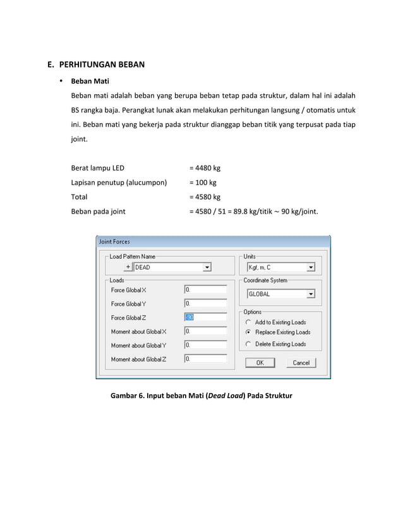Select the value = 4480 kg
pos(205,168)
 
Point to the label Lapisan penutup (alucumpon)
pos(119,183)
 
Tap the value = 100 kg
pos(203,183)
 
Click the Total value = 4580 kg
pos(205,197)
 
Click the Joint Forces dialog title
pos(114,241)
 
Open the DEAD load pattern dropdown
pos(207,267)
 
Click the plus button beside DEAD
pos(128,267)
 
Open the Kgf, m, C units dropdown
pos(310,267)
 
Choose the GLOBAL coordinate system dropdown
pos(310,294)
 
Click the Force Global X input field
pos(205,290)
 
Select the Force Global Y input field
pos(205,304)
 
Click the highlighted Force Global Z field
pos(205,318)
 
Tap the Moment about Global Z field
pos(205,359)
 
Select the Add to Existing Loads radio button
pos(249,322)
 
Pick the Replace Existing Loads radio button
pos(249,332)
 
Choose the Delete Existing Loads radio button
pos(249,344)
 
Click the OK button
pos(259,363)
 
